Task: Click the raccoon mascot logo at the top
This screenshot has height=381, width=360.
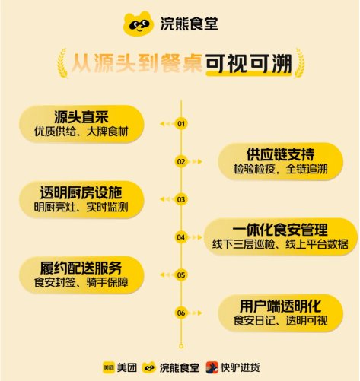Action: [139, 24]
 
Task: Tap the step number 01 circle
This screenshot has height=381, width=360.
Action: [181, 124]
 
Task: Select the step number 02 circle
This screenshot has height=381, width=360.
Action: [181, 162]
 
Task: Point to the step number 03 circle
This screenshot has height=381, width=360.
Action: [181, 199]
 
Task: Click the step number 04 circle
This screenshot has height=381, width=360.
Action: [181, 237]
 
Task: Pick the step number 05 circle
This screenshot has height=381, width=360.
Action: [181, 275]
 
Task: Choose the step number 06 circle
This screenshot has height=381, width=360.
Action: [181, 313]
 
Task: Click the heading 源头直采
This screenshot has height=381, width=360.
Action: [81, 117]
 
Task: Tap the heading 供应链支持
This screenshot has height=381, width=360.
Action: [281, 154]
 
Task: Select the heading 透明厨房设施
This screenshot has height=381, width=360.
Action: [81, 192]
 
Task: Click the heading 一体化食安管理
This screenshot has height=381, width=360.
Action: [280, 230]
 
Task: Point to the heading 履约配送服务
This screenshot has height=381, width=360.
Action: [81, 268]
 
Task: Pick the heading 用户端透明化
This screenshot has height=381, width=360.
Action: [281, 306]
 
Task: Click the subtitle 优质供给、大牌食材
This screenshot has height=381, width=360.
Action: [81, 132]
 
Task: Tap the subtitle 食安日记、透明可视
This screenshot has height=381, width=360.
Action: [281, 321]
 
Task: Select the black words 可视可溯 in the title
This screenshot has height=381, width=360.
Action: [249, 63]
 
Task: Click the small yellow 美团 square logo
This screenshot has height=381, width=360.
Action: [109, 367]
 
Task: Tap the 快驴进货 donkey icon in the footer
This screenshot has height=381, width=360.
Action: [212, 367]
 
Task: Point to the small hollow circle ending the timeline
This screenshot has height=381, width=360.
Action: [181, 346]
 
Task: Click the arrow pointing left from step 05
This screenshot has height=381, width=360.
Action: [165, 275]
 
